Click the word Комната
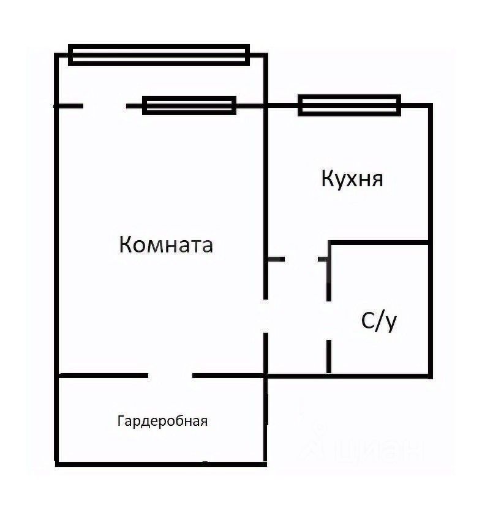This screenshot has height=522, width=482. point(166,244)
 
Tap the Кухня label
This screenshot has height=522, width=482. point(352,179)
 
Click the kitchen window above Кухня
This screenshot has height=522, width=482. point(349,105)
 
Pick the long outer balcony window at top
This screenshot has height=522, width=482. point(159,55)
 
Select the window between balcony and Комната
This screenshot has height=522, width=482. point(189,105)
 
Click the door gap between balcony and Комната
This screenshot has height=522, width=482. point(105,106)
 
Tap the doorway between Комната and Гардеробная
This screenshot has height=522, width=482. point(170,375)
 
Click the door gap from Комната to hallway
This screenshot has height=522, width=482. point(266,316)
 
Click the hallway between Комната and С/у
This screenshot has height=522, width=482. point(298,319)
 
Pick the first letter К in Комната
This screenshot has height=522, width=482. point(125,244)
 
